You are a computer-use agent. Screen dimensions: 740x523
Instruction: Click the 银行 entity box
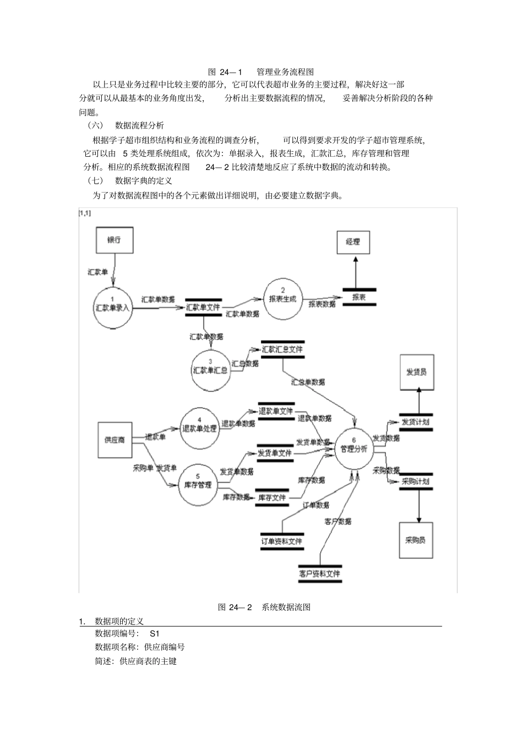pos(114,240)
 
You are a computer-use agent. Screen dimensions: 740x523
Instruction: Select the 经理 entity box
pos(353,242)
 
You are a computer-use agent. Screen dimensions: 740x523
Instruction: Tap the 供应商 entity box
pos(115,440)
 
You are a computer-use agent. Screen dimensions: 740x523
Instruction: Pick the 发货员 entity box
pos(416,372)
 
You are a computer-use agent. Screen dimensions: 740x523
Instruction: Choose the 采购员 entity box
pos(416,540)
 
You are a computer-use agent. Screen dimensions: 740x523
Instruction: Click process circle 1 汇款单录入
pos(112,304)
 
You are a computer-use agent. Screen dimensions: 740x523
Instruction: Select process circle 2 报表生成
pos(282,299)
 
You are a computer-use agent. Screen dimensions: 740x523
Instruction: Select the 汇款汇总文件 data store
pos(282,349)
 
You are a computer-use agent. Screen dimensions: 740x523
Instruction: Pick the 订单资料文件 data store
pos(282,541)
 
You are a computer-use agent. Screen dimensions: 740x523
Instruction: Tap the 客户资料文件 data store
pos(320,573)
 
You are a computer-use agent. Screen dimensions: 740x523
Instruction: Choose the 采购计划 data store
pos(416,481)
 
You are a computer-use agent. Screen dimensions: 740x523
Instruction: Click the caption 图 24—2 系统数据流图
pos(264,607)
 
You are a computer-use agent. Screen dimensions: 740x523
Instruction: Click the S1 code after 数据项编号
pos(154,633)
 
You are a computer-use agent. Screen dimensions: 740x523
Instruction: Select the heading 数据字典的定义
pos(143,180)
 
